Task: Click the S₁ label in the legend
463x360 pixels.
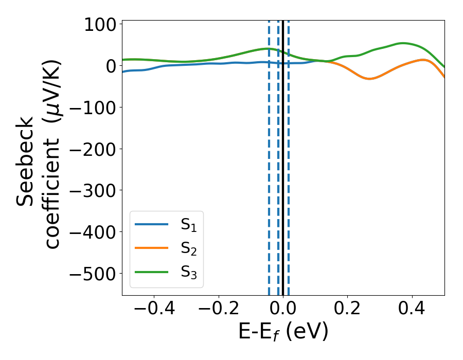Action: tap(189, 225)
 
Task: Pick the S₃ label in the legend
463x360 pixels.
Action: tap(189, 272)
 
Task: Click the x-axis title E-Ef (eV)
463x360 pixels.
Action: tap(283, 332)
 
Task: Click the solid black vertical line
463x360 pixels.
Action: tap(283, 154)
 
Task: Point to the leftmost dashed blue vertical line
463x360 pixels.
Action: tap(269, 154)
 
